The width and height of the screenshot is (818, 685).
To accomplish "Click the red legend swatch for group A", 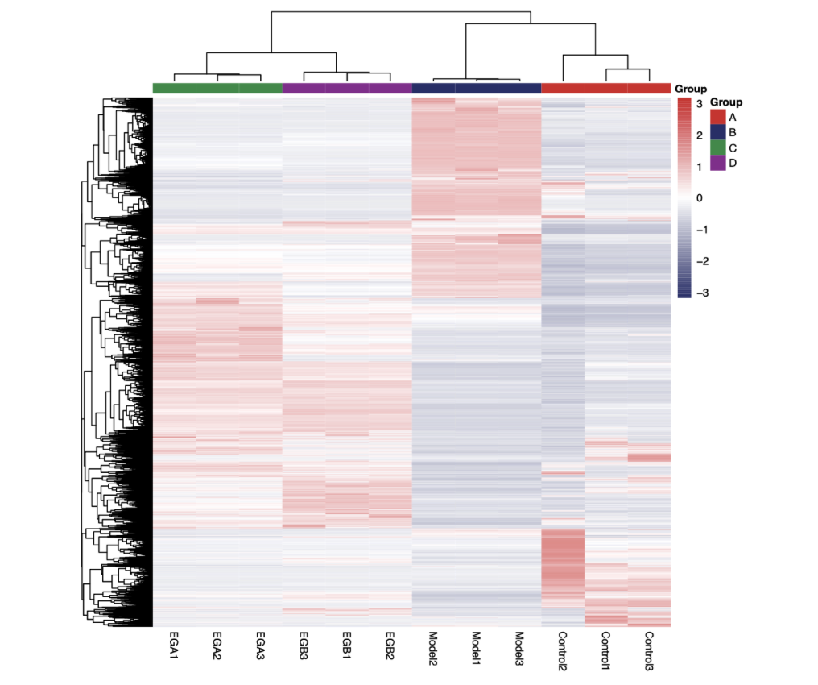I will coord(718,117).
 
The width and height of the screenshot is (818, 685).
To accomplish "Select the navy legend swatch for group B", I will coord(718,132).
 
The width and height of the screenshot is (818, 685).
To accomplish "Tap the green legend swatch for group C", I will coord(718,147).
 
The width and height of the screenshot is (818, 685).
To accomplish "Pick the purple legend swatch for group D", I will coord(718,163).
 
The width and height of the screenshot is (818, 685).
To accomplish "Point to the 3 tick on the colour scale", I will coord(700,104).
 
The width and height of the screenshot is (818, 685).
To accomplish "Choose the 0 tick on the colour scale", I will coord(700,198).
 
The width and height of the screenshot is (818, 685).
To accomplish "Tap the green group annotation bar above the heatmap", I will coord(217,88).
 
